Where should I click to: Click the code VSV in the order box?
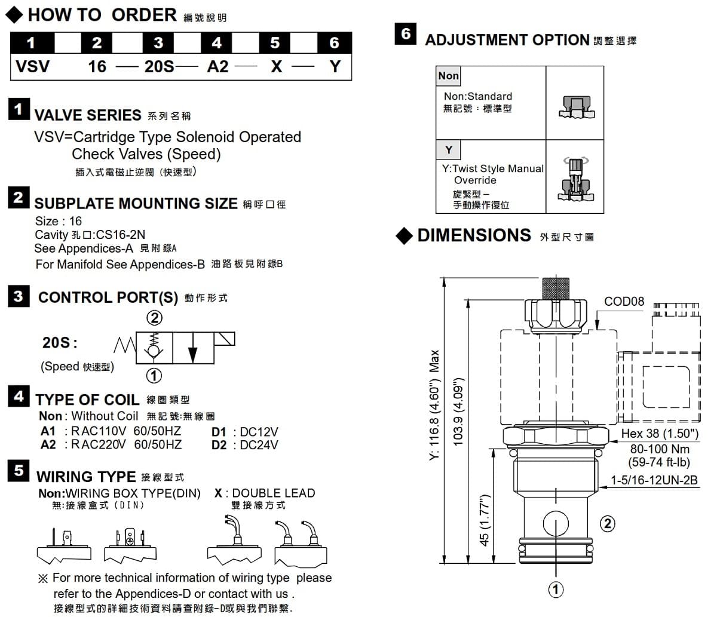[x=32, y=66]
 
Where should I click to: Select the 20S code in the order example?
[x=159, y=66]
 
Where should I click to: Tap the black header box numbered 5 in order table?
[x=274, y=43]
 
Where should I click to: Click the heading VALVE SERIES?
[x=88, y=115]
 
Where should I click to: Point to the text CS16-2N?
[x=120, y=235]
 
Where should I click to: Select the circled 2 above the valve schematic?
[x=154, y=318]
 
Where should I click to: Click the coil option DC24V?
[x=259, y=445]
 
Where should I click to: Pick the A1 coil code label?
[x=48, y=431]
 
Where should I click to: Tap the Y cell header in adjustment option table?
[x=449, y=149]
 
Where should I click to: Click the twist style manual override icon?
[x=576, y=180]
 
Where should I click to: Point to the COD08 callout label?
[x=624, y=302]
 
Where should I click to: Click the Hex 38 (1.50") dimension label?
[x=660, y=434]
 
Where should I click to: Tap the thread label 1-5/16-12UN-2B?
[x=654, y=480]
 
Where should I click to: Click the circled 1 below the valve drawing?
[x=556, y=590]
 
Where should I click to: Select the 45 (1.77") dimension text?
[x=485, y=520]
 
